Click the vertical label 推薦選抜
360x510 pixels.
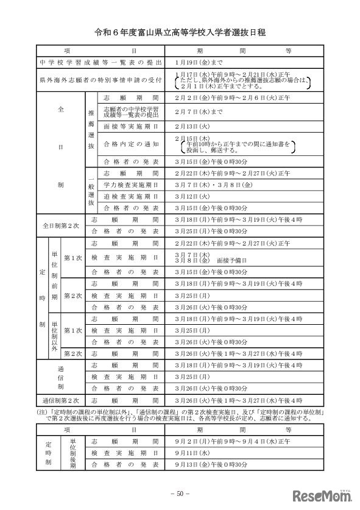click(x=91, y=129)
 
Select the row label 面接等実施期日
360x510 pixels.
click(x=131, y=125)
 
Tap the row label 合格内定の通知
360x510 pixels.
click(x=131, y=144)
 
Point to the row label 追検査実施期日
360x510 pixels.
click(x=131, y=196)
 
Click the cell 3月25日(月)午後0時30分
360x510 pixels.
click(x=210, y=232)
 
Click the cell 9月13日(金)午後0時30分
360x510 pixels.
click(x=210, y=466)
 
